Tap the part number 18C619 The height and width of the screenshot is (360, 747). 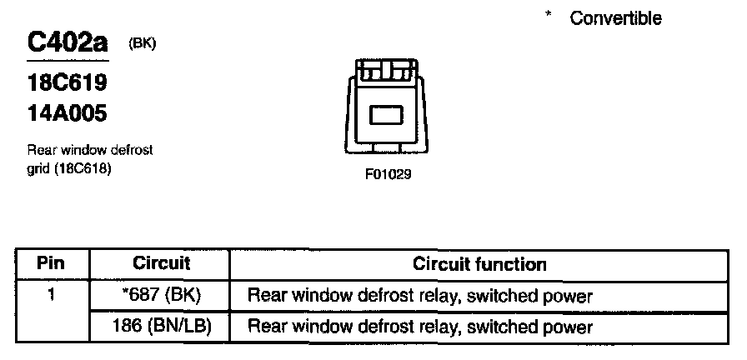pos(68,84)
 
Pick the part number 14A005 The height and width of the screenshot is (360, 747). pos(68,112)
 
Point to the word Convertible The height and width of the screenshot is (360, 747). pos(615,18)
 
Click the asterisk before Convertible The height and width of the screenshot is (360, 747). pos(549,16)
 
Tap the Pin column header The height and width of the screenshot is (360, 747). pos(52,264)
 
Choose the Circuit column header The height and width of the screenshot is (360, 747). pos(162,264)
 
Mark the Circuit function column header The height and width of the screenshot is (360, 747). pos(479,265)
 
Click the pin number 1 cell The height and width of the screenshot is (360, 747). pos(52,295)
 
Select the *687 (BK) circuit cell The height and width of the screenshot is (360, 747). pos(162,295)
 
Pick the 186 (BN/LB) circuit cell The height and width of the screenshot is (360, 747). pos(162,326)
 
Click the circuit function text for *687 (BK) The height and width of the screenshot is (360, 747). pos(420,296)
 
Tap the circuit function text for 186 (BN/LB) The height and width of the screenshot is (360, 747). pos(420,327)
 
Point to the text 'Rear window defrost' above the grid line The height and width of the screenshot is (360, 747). pos(90,150)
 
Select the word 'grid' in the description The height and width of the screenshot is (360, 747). pos(38,168)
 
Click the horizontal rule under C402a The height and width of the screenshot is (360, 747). pos(68,61)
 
